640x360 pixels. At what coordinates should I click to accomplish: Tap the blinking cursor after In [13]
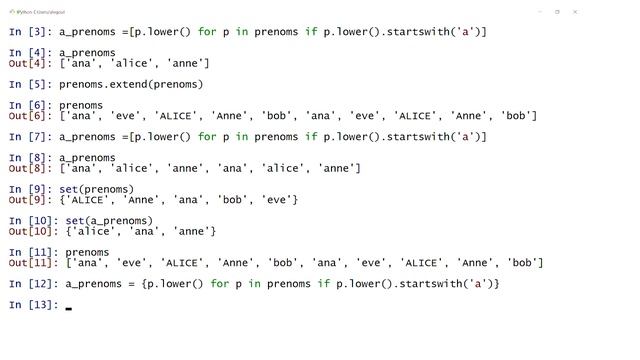[x=69, y=309]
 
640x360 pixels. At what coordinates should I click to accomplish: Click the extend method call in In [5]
[x=131, y=84]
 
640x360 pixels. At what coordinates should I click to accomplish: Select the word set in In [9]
[x=69, y=189]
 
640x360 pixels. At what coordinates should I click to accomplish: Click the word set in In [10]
[x=75, y=221]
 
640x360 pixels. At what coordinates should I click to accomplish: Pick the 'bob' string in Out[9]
[x=232, y=200]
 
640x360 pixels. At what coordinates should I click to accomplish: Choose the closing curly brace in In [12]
[x=496, y=284]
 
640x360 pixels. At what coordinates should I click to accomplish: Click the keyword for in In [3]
[x=207, y=32]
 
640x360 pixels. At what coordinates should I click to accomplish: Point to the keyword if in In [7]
[x=311, y=137]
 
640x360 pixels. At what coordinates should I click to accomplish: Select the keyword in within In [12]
[x=254, y=284]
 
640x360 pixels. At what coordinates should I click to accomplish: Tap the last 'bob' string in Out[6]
[x=516, y=116]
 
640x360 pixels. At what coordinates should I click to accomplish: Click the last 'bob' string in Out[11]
[x=522, y=263]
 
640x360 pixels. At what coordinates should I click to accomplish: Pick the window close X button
[x=575, y=12]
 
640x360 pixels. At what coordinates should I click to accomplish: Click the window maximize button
[x=557, y=12]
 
